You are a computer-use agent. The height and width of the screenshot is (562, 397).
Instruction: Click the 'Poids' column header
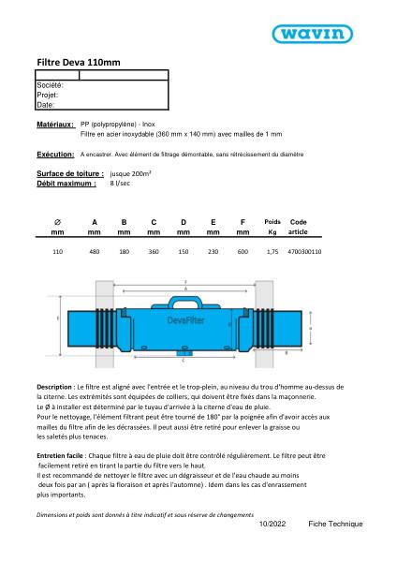[272, 221]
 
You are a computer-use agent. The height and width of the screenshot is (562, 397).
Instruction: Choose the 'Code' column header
[299, 221]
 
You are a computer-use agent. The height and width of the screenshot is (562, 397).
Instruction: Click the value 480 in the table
[95, 252]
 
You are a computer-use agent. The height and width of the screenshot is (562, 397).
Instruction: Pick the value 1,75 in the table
[272, 252]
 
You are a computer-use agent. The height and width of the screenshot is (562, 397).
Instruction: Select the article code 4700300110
[305, 252]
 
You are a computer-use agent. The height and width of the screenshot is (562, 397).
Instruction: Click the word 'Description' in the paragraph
[54, 386]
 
